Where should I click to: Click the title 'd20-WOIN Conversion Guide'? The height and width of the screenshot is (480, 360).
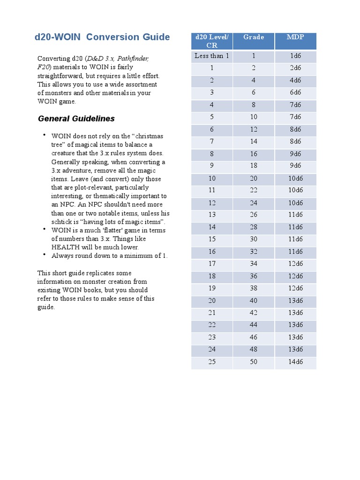(x=103, y=37)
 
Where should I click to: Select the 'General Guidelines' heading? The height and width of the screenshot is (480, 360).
(x=76, y=119)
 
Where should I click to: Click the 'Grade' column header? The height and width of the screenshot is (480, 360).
(x=253, y=37)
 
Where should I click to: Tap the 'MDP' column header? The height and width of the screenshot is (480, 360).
(x=295, y=37)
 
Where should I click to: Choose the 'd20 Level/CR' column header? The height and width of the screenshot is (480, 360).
(x=212, y=41)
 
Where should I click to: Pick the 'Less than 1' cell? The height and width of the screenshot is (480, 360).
(x=212, y=56)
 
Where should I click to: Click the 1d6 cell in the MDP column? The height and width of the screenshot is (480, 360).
(x=295, y=56)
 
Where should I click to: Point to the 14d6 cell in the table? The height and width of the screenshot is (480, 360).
(x=295, y=361)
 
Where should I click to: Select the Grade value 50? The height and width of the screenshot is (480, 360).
(x=253, y=361)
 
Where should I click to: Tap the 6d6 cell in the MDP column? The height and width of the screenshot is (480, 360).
(x=295, y=92)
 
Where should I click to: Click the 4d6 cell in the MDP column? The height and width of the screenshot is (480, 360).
(x=295, y=80)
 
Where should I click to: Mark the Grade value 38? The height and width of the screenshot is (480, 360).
(x=253, y=288)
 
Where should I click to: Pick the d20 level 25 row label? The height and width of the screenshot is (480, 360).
(x=212, y=361)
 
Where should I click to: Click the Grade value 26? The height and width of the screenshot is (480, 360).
(x=253, y=215)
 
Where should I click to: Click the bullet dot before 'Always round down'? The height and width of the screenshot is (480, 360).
(x=44, y=254)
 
